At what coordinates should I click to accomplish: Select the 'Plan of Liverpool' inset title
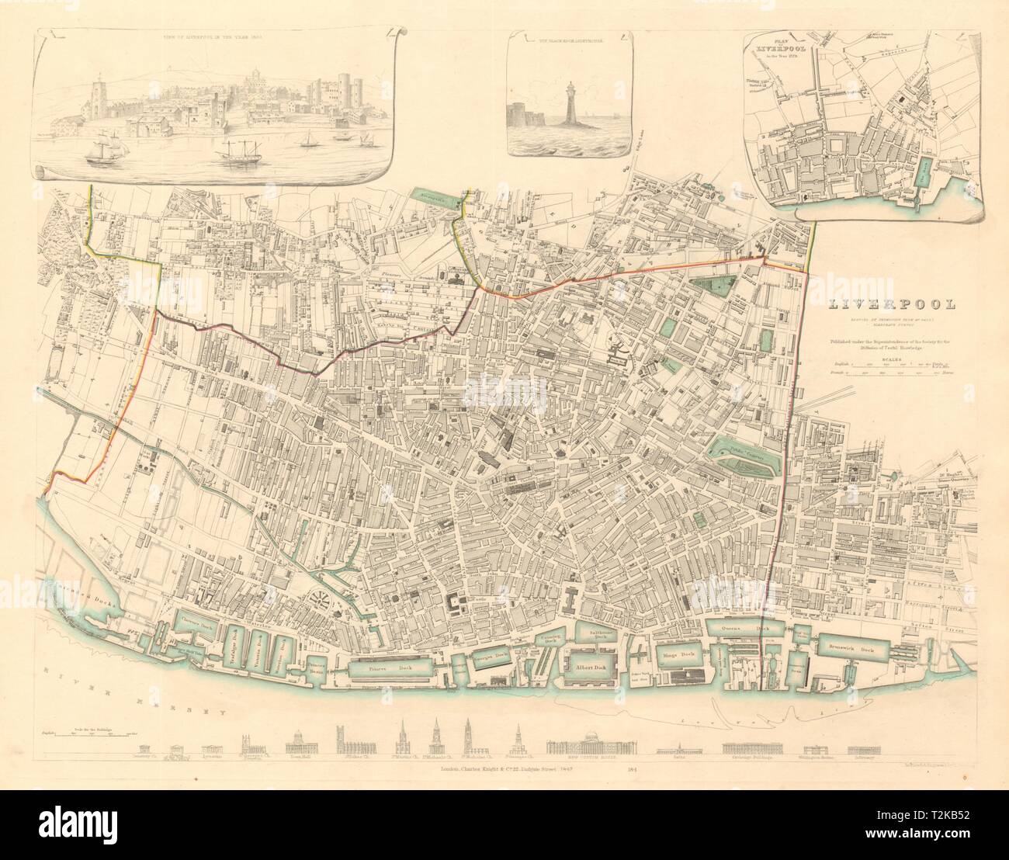click(x=779, y=46)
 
